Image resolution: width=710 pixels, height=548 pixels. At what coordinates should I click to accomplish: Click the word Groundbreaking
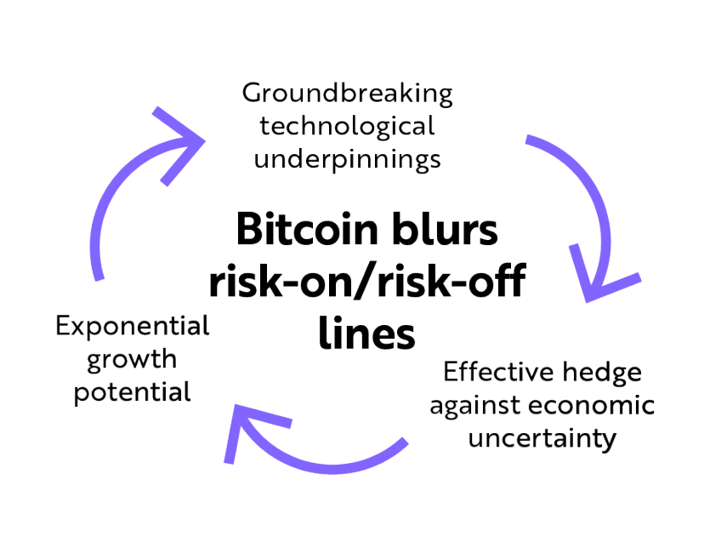[347, 93]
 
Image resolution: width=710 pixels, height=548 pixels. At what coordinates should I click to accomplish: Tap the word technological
[347, 126]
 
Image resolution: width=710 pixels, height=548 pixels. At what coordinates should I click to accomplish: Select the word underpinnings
[347, 158]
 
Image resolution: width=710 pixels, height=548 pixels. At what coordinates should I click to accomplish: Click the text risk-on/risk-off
[366, 282]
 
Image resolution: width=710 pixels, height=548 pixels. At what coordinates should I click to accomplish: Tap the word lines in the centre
[367, 333]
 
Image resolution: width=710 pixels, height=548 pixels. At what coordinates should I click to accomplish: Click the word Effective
[498, 373]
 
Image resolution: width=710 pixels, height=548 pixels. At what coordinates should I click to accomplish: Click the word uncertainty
[542, 439]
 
